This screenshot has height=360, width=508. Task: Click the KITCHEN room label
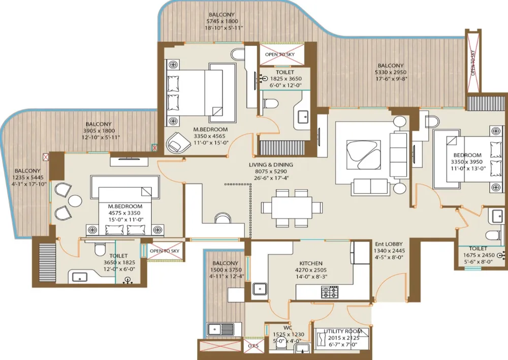pyautogui.click(x=311, y=263)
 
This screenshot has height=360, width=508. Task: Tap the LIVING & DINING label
pyautogui.click(x=271, y=165)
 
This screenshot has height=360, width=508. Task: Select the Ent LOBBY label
pyautogui.click(x=389, y=244)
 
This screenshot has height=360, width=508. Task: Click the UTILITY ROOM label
pyautogui.click(x=343, y=331)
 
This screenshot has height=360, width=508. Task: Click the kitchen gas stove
pyautogui.click(x=330, y=292)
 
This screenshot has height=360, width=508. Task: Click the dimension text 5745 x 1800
pyautogui.click(x=221, y=21)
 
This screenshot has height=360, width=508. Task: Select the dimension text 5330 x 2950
pyautogui.click(x=390, y=72)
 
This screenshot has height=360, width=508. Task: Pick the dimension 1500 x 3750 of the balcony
pyautogui.click(x=226, y=270)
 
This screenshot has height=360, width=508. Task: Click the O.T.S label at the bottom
pyautogui.click(x=253, y=346)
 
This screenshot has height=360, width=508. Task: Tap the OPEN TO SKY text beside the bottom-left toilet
pyautogui.click(x=164, y=251)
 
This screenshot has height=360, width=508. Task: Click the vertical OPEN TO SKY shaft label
pyautogui.click(x=473, y=63)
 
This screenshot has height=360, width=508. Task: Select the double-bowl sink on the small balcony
pyautogui.click(x=220, y=329)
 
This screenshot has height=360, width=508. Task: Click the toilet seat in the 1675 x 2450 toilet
pyautogui.click(x=494, y=235)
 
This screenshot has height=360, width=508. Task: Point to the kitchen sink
pyautogui.click(x=260, y=289)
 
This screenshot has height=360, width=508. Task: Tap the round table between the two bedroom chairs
pyautogui.click(x=75, y=201)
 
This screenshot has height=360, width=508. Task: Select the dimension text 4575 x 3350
pyautogui.click(x=124, y=213)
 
